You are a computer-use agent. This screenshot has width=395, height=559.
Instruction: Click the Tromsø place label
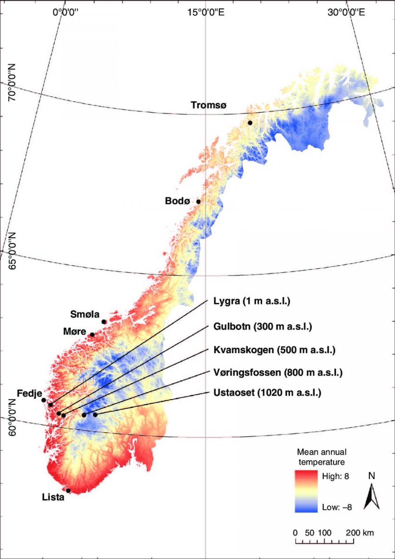pyautogui.click(x=209, y=105)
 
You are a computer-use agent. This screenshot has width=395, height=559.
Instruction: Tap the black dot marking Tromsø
pyautogui.click(x=250, y=123)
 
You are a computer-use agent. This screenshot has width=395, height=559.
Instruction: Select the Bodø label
pyautogui.click(x=177, y=201)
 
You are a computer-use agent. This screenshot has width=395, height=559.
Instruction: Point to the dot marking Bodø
pyautogui.click(x=198, y=201)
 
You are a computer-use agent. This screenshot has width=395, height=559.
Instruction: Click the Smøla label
pyautogui.click(x=85, y=314)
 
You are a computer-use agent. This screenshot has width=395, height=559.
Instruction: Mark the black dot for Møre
pyautogui.click(x=92, y=335)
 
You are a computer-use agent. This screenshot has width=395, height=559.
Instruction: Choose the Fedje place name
pyautogui.click(x=29, y=393)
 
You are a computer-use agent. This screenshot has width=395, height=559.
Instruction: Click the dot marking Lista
pyautogui.click(x=68, y=491)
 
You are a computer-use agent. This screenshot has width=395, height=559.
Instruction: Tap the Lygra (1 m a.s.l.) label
pyautogui.click(x=252, y=301)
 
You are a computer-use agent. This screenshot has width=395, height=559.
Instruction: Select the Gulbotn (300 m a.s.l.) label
pyautogui.click(x=263, y=327)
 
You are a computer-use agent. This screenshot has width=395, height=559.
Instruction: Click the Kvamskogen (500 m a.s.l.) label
pyautogui.click(x=275, y=350)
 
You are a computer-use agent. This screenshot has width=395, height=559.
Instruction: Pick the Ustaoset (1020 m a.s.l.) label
pyautogui.click(x=267, y=393)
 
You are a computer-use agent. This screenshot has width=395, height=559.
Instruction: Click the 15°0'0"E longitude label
pyautogui.click(x=206, y=13)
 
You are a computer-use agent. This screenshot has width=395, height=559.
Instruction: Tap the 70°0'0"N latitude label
pyautogui.click(x=12, y=82)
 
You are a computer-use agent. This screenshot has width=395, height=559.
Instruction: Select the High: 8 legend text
pyautogui.click(x=335, y=476)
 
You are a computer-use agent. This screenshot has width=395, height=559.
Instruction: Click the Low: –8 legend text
pyautogui.click(x=337, y=507)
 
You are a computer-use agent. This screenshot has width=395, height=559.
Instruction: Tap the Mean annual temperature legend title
pyautogui.click(x=322, y=457)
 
